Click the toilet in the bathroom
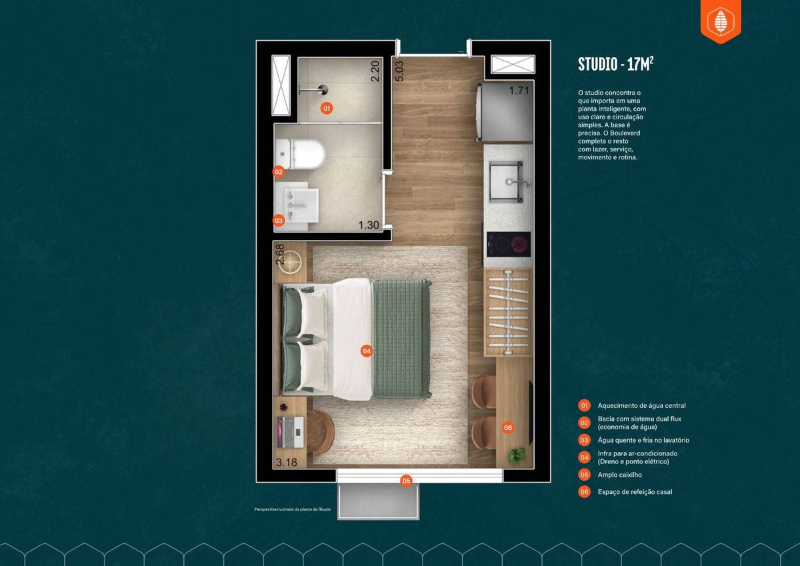(300, 154)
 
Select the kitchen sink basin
(506, 181)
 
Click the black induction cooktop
(509, 244)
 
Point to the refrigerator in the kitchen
(504, 112)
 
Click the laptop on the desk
(291, 433)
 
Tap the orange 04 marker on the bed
(367, 351)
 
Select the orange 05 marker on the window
(406, 481)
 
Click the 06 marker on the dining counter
(508, 427)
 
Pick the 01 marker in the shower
(327, 108)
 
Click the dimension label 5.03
(399, 71)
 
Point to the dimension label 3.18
(287, 463)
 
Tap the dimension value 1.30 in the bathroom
(369, 225)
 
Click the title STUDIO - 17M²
(616, 64)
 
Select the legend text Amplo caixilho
(619, 475)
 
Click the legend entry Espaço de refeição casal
(635, 492)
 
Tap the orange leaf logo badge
(721, 21)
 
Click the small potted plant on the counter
(517, 456)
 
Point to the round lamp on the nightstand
(290, 262)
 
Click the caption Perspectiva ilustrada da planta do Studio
(293, 509)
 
